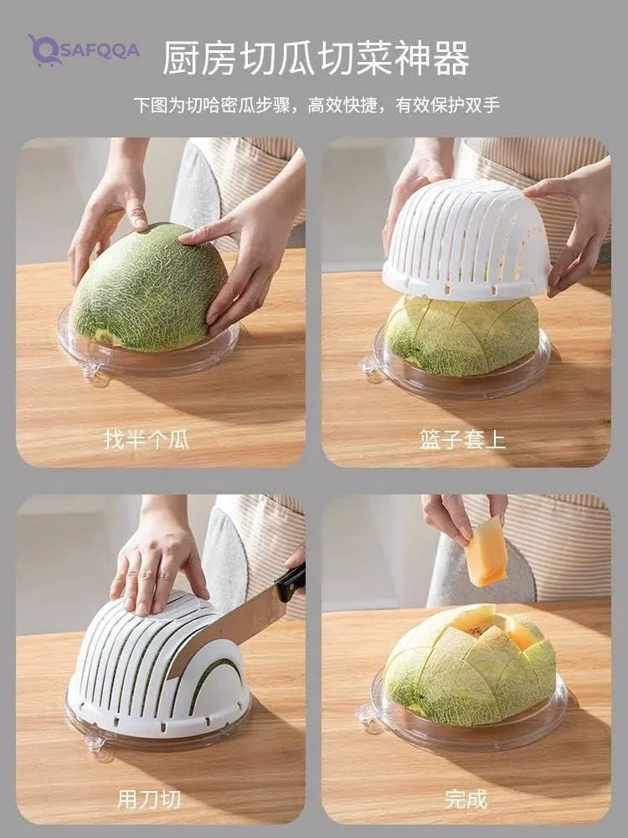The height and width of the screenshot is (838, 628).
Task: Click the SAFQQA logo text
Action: pyautogui.click(x=98, y=51)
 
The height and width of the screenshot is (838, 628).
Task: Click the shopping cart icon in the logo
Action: pyautogui.click(x=44, y=51)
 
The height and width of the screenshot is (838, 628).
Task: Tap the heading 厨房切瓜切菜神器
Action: pyautogui.click(x=316, y=58)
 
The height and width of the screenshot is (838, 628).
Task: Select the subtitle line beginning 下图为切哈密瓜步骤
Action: pyautogui.click(x=317, y=105)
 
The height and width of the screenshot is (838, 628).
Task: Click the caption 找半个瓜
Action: pyautogui.click(x=147, y=441)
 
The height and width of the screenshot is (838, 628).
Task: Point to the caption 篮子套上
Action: pyautogui.click(x=462, y=441)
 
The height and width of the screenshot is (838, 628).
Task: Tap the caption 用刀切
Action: pyautogui.click(x=148, y=799)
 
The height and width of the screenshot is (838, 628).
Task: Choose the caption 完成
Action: pyautogui.click(x=466, y=799)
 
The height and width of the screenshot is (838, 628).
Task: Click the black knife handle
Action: pyautogui.click(x=291, y=583)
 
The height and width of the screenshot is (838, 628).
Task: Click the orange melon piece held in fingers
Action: pyautogui.click(x=485, y=552)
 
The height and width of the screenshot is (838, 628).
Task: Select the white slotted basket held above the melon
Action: pyautogui.click(x=466, y=240)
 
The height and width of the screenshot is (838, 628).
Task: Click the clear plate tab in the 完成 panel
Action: pyautogui.click(x=368, y=715)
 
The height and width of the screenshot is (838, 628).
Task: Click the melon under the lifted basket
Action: pyautogui.click(x=462, y=336)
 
